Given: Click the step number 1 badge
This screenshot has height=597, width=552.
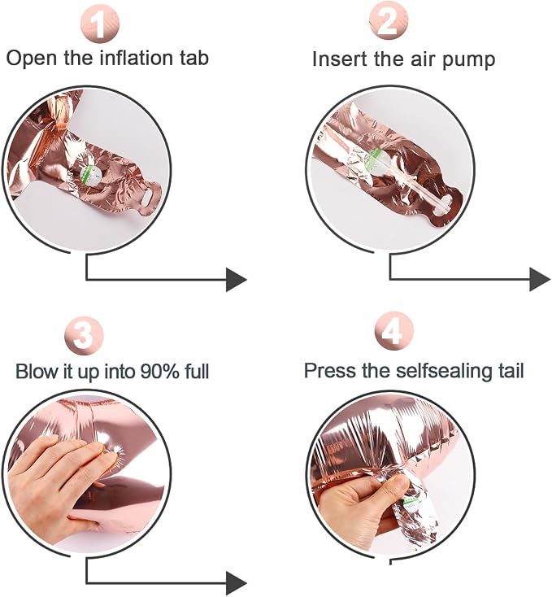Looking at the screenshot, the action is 100,24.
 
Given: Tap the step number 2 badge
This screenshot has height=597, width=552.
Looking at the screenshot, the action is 389,20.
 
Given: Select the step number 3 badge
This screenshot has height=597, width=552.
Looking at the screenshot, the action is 84,336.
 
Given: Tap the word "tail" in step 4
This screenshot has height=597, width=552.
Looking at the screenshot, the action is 511,370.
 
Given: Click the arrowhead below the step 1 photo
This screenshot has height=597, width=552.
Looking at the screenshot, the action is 237,280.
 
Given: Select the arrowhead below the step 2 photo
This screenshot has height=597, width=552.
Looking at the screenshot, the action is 540,280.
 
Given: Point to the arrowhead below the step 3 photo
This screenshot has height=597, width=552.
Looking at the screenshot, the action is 237,583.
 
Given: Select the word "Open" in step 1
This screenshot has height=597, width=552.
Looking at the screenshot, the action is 32,59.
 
